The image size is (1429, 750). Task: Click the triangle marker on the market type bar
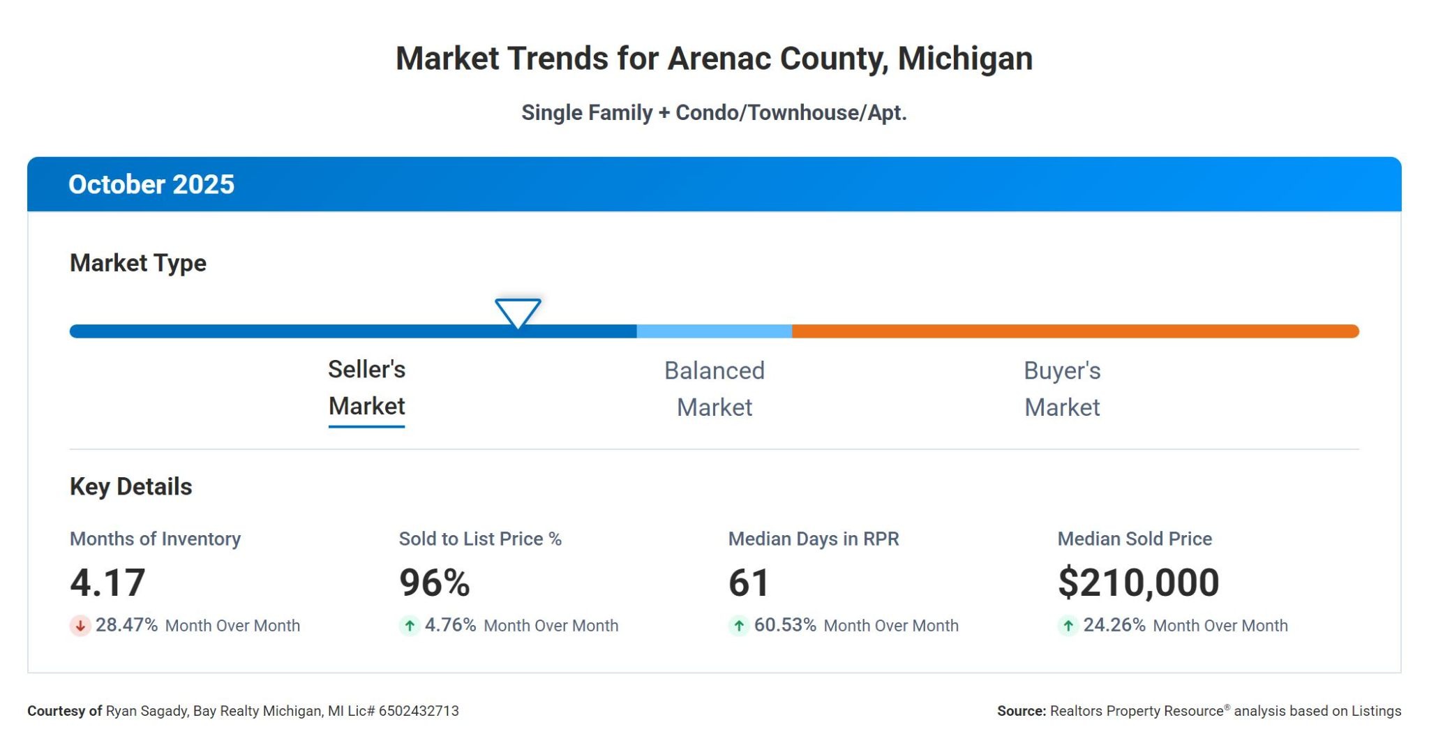pos(518,312)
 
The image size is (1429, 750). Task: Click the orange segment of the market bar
pos(1075,331)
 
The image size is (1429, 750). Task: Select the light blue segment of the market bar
pos(714,331)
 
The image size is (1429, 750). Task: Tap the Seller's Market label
pos(366,388)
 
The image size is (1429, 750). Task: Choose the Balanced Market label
pos(714,389)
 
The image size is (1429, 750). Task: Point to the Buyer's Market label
pos(1061,389)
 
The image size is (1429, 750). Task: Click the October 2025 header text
pos(151,184)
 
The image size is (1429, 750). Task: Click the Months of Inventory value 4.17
pos(107,583)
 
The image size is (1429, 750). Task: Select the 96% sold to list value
pos(434,583)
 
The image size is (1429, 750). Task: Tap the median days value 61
pos(748,583)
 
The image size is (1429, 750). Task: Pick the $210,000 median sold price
pos(1138,583)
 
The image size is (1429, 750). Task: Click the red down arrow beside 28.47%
pos(80,626)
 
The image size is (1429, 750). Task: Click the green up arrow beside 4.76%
pos(410,626)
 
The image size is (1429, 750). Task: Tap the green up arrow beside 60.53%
pos(739,626)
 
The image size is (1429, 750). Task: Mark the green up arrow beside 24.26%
pos(1068,626)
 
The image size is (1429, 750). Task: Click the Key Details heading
pos(130,486)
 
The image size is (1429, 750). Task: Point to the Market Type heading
pos(138,263)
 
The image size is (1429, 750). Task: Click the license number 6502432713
pos(419,711)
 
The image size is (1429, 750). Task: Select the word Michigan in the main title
pos(965,59)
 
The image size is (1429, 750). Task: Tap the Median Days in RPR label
pos(814,539)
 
